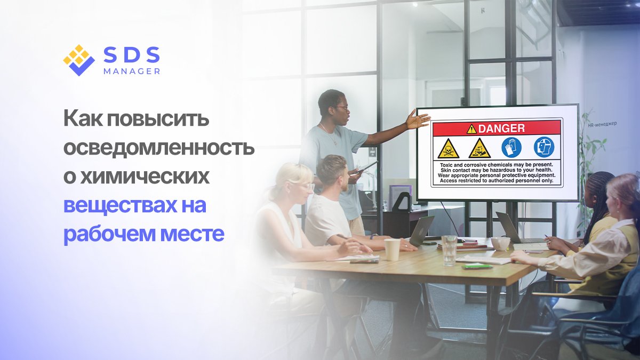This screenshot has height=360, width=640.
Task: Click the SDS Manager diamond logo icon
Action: click(78, 60)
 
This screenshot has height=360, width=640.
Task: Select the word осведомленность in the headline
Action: click(159, 148)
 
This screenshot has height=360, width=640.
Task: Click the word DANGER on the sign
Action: click(501, 128)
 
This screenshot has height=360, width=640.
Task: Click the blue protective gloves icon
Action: click(511, 147)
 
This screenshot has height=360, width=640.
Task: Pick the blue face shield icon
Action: click(544, 147)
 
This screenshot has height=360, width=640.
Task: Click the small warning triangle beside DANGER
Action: click(471, 129)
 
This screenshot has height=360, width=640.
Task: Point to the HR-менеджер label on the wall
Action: click(602, 123)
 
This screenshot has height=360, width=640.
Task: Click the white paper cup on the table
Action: click(392, 249)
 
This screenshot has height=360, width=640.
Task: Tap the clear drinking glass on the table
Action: click(449, 250)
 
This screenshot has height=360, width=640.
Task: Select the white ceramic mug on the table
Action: click(500, 244)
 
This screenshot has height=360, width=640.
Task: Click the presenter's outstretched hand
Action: click(417, 119)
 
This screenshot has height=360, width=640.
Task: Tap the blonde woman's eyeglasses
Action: click(305, 186)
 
